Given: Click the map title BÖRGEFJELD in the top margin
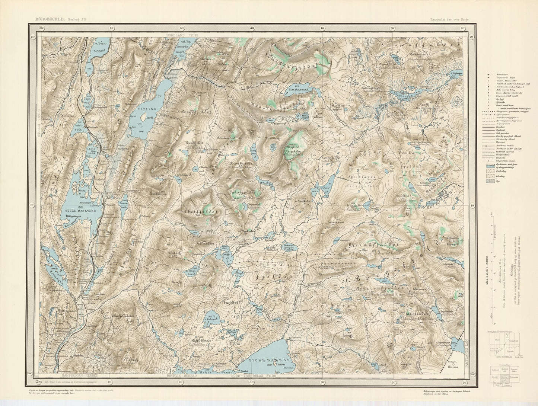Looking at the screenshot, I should pyautogui.click(x=50, y=18).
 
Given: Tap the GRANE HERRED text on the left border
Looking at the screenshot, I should pyautogui.click(x=38, y=123).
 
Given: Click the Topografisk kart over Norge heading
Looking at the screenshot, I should pyautogui.click(x=449, y=19).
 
